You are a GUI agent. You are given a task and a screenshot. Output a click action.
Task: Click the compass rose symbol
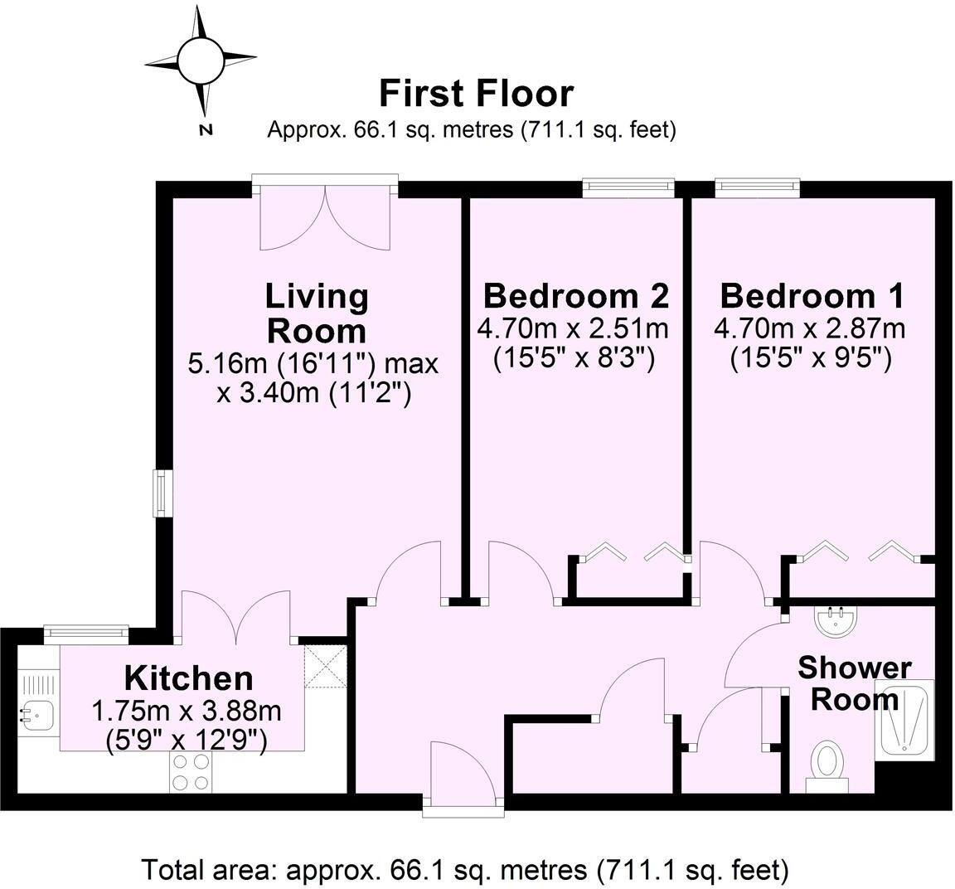(x=201, y=62)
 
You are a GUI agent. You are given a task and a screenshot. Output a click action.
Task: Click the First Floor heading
(x=476, y=94)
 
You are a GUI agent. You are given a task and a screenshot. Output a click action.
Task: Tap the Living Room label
(x=316, y=313)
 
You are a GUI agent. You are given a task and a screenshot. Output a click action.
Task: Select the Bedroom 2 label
(x=575, y=295)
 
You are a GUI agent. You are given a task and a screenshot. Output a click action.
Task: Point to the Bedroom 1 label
(x=812, y=295)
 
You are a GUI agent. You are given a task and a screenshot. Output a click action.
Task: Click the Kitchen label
(x=188, y=678)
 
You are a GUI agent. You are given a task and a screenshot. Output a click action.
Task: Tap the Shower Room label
(x=854, y=683)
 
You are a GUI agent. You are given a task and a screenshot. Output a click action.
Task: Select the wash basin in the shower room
(x=837, y=621)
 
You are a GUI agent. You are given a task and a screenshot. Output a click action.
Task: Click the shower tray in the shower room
(x=907, y=719)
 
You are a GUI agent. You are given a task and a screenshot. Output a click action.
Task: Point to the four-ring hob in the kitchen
(x=190, y=773)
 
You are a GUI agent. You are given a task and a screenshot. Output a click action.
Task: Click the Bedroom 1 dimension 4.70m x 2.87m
(x=809, y=328)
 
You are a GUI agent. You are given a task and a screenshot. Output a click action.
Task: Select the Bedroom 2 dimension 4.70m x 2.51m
(x=573, y=328)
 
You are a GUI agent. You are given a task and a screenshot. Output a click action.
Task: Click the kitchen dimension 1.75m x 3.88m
(x=187, y=711)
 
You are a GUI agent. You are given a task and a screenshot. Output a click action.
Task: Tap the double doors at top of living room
(x=325, y=217)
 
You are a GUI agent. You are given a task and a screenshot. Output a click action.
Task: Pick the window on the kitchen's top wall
(x=86, y=634)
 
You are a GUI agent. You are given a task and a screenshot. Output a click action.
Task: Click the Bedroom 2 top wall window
(x=628, y=188)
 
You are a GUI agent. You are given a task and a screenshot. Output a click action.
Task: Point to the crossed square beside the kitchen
(x=324, y=666)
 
